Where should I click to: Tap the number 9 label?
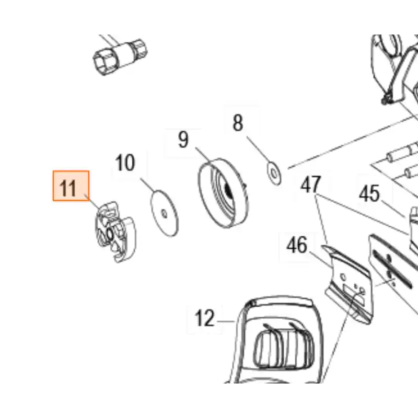pyautogui.click(x=183, y=140)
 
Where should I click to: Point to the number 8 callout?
pyautogui.click(x=238, y=123)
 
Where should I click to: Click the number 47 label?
pyautogui.click(x=310, y=184)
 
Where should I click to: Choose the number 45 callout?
pyautogui.click(x=369, y=193)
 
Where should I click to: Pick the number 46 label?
pyautogui.click(x=297, y=245)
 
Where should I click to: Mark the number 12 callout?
pyautogui.click(x=204, y=318)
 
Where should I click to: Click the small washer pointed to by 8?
pyautogui.click(x=274, y=173)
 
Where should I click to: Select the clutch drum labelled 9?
pyautogui.click(x=224, y=193)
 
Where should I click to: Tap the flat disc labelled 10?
pyautogui.click(x=164, y=213)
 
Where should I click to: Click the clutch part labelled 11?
pyautogui.click(x=116, y=231)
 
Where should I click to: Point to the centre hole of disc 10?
pyautogui.click(x=164, y=214)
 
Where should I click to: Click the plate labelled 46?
pyautogui.click(x=346, y=284)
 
